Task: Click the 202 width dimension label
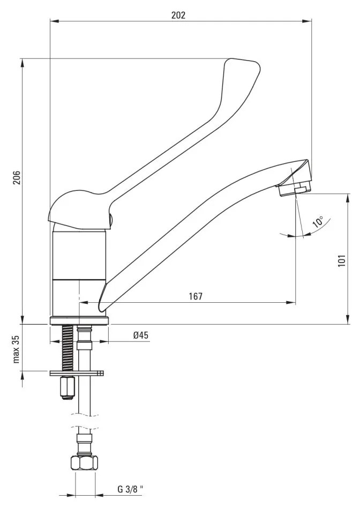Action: [x=178, y=15]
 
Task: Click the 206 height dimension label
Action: [x=17, y=178]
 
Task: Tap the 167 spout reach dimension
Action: [x=196, y=296]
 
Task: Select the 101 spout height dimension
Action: [x=342, y=260]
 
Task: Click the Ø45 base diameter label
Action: [x=141, y=335]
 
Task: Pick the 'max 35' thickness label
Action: [x=17, y=349]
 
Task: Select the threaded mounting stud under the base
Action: [x=67, y=348]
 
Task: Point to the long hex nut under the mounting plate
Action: [x=67, y=387]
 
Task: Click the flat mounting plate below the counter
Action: [x=77, y=373]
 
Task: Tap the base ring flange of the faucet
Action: [x=79, y=321]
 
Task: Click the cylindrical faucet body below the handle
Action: [x=79, y=272]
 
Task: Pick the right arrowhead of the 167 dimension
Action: [x=291, y=303]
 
